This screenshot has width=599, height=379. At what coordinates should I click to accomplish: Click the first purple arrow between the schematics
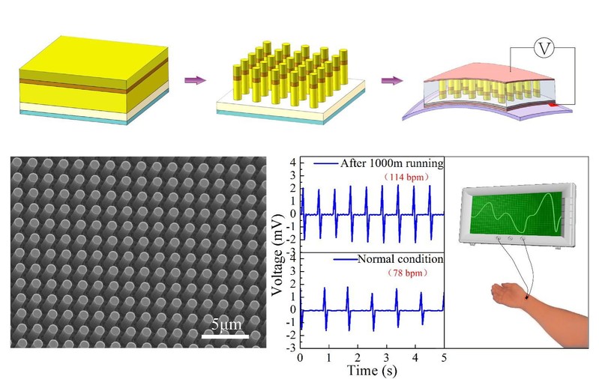[195, 80]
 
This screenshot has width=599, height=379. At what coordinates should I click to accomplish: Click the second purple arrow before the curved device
[391, 80]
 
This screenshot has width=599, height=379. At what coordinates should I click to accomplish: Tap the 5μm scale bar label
[225, 325]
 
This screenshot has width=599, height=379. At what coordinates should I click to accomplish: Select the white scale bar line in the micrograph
[225, 336]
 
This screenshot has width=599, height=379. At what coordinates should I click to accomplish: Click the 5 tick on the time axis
[444, 357]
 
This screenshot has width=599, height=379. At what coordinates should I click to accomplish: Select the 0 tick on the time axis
[301, 357]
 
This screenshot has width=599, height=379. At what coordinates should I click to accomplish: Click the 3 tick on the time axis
[387, 357]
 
